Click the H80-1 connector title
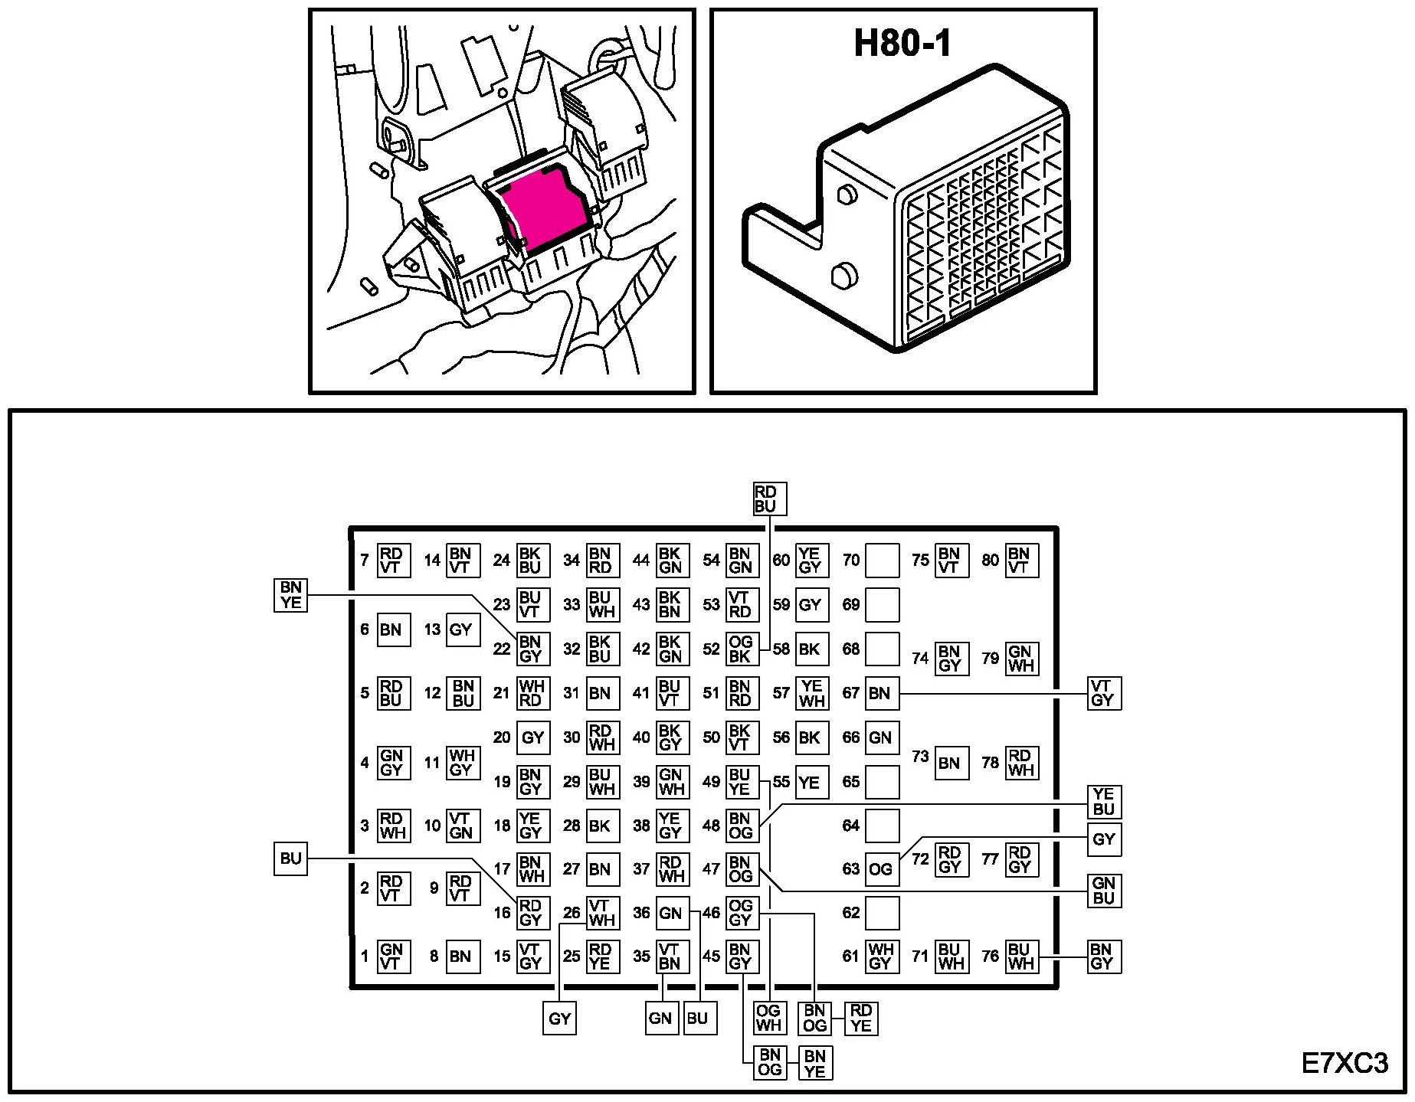tap(902, 43)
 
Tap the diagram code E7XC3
tap(1344, 1064)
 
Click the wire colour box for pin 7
tap(393, 561)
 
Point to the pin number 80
tap(990, 561)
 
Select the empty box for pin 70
tap(881, 561)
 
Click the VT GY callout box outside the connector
tap(1103, 693)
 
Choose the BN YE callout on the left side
tap(291, 595)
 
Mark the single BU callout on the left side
tap(291, 858)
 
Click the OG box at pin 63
tap(881, 870)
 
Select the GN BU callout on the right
tap(1103, 891)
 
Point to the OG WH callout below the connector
tap(768, 1019)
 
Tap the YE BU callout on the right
tap(1103, 802)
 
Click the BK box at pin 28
tap(601, 826)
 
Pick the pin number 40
tap(641, 738)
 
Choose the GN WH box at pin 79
tap(1020, 659)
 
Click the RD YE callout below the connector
tap(860, 1019)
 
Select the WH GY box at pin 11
tap(462, 764)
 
